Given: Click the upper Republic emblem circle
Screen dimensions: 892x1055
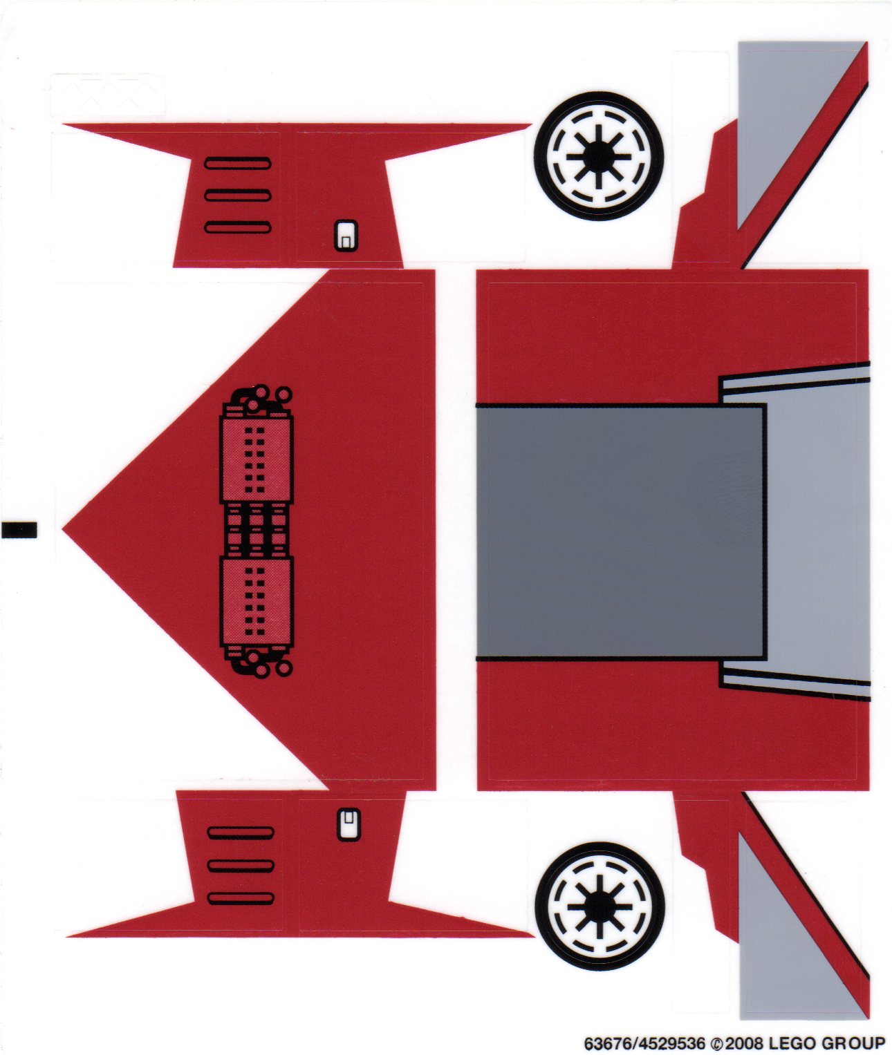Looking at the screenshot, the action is (599, 156).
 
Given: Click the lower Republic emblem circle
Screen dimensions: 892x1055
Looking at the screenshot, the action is (600, 906).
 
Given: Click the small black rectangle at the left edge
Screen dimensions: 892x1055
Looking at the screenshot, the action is (19, 529).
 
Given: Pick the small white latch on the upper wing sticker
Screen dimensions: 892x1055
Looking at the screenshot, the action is (346, 236).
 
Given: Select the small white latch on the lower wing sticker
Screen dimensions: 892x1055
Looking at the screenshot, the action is (349, 825).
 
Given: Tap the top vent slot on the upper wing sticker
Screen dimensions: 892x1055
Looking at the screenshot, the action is (238, 163).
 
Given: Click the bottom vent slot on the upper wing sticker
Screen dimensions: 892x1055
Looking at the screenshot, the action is (238, 227).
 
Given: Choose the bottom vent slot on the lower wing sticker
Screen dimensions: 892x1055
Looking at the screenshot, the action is (241, 898).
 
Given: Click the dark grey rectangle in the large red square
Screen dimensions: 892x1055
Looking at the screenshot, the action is (621, 532).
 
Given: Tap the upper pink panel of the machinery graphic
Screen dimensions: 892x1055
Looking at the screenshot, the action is (257, 459).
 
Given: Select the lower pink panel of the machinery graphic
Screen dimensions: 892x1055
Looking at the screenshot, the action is (257, 602).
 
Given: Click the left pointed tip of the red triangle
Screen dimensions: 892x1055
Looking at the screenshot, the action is (63, 529).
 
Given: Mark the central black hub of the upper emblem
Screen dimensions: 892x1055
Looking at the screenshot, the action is (599, 156).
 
